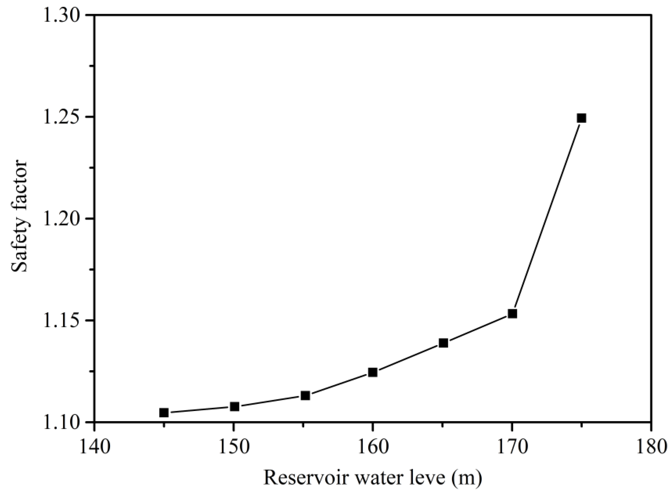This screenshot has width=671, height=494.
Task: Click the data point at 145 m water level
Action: click(164, 413)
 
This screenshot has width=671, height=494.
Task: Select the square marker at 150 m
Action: click(235, 406)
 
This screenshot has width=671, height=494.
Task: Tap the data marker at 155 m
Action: click(305, 396)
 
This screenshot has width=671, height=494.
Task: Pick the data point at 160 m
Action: click(373, 372)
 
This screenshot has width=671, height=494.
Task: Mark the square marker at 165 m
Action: click(443, 343)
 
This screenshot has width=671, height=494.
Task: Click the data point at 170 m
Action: click(512, 314)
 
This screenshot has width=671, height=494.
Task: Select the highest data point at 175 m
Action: click(581, 118)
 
